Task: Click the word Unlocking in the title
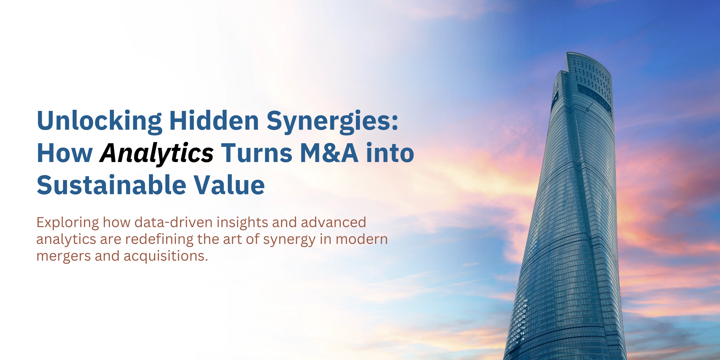(x=99, y=121)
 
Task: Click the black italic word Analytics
(x=157, y=153)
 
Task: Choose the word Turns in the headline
(x=256, y=153)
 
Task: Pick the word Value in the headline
(x=229, y=185)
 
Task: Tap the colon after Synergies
(x=395, y=123)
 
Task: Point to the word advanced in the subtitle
(x=333, y=223)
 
